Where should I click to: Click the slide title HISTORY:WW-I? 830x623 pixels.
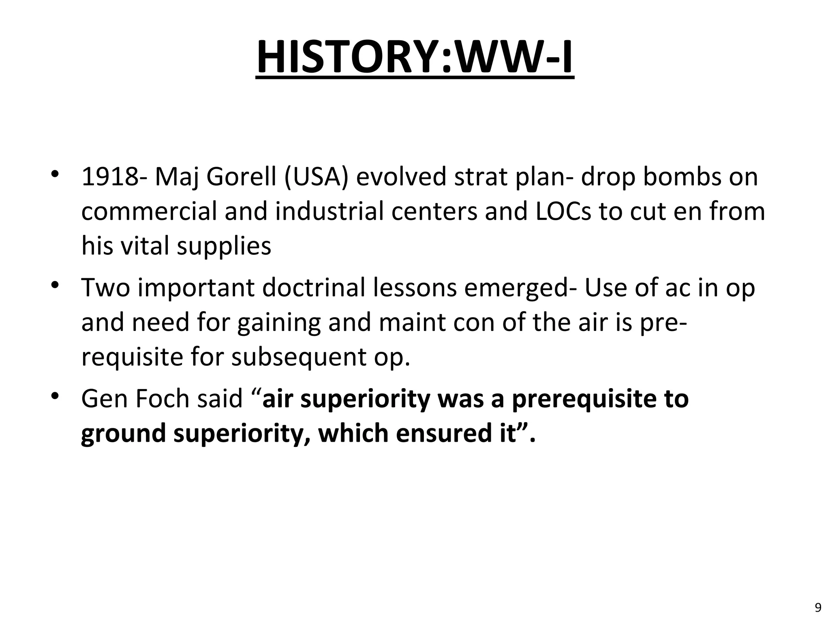[x=415, y=57]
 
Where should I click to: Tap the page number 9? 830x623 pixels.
[x=818, y=607]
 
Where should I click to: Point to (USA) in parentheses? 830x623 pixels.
[x=316, y=177]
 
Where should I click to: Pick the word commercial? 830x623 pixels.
[x=149, y=211]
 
